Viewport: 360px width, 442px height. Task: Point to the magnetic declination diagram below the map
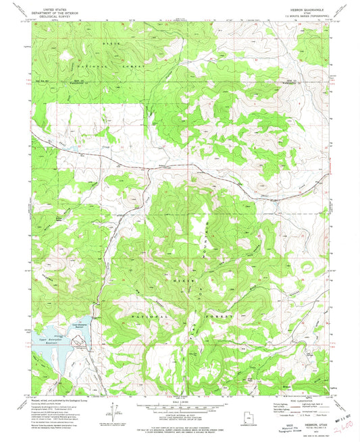[x=110, y=412]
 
